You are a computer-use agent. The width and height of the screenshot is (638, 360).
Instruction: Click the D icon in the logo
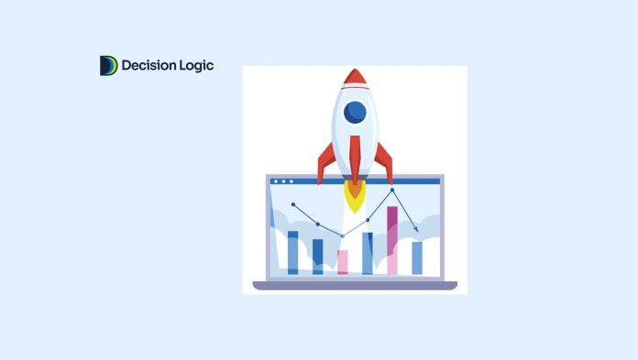pos(108,66)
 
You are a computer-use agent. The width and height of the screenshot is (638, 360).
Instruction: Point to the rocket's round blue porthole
pos(355,113)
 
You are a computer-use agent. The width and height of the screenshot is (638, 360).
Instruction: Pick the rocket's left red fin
pos(324,162)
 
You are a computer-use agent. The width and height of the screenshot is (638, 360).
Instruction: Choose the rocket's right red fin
pos(384,162)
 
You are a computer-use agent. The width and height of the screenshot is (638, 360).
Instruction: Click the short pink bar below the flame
pos(343,262)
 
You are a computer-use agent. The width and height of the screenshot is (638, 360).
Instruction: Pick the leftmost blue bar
pos(293,252)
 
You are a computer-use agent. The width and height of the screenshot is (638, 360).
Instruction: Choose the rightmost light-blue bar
pos(417,257)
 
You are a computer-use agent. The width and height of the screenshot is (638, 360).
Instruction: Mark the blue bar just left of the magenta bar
pos(368,253)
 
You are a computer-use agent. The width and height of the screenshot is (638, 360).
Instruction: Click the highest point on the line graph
pos(392,191)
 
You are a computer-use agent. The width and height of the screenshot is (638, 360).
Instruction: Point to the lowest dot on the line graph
pos(343,236)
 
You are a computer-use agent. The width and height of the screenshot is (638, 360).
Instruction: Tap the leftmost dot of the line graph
pos(293,204)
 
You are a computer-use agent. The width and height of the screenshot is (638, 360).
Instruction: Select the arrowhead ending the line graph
pos(417,230)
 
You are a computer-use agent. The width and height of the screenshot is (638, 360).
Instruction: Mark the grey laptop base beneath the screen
pos(355,285)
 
